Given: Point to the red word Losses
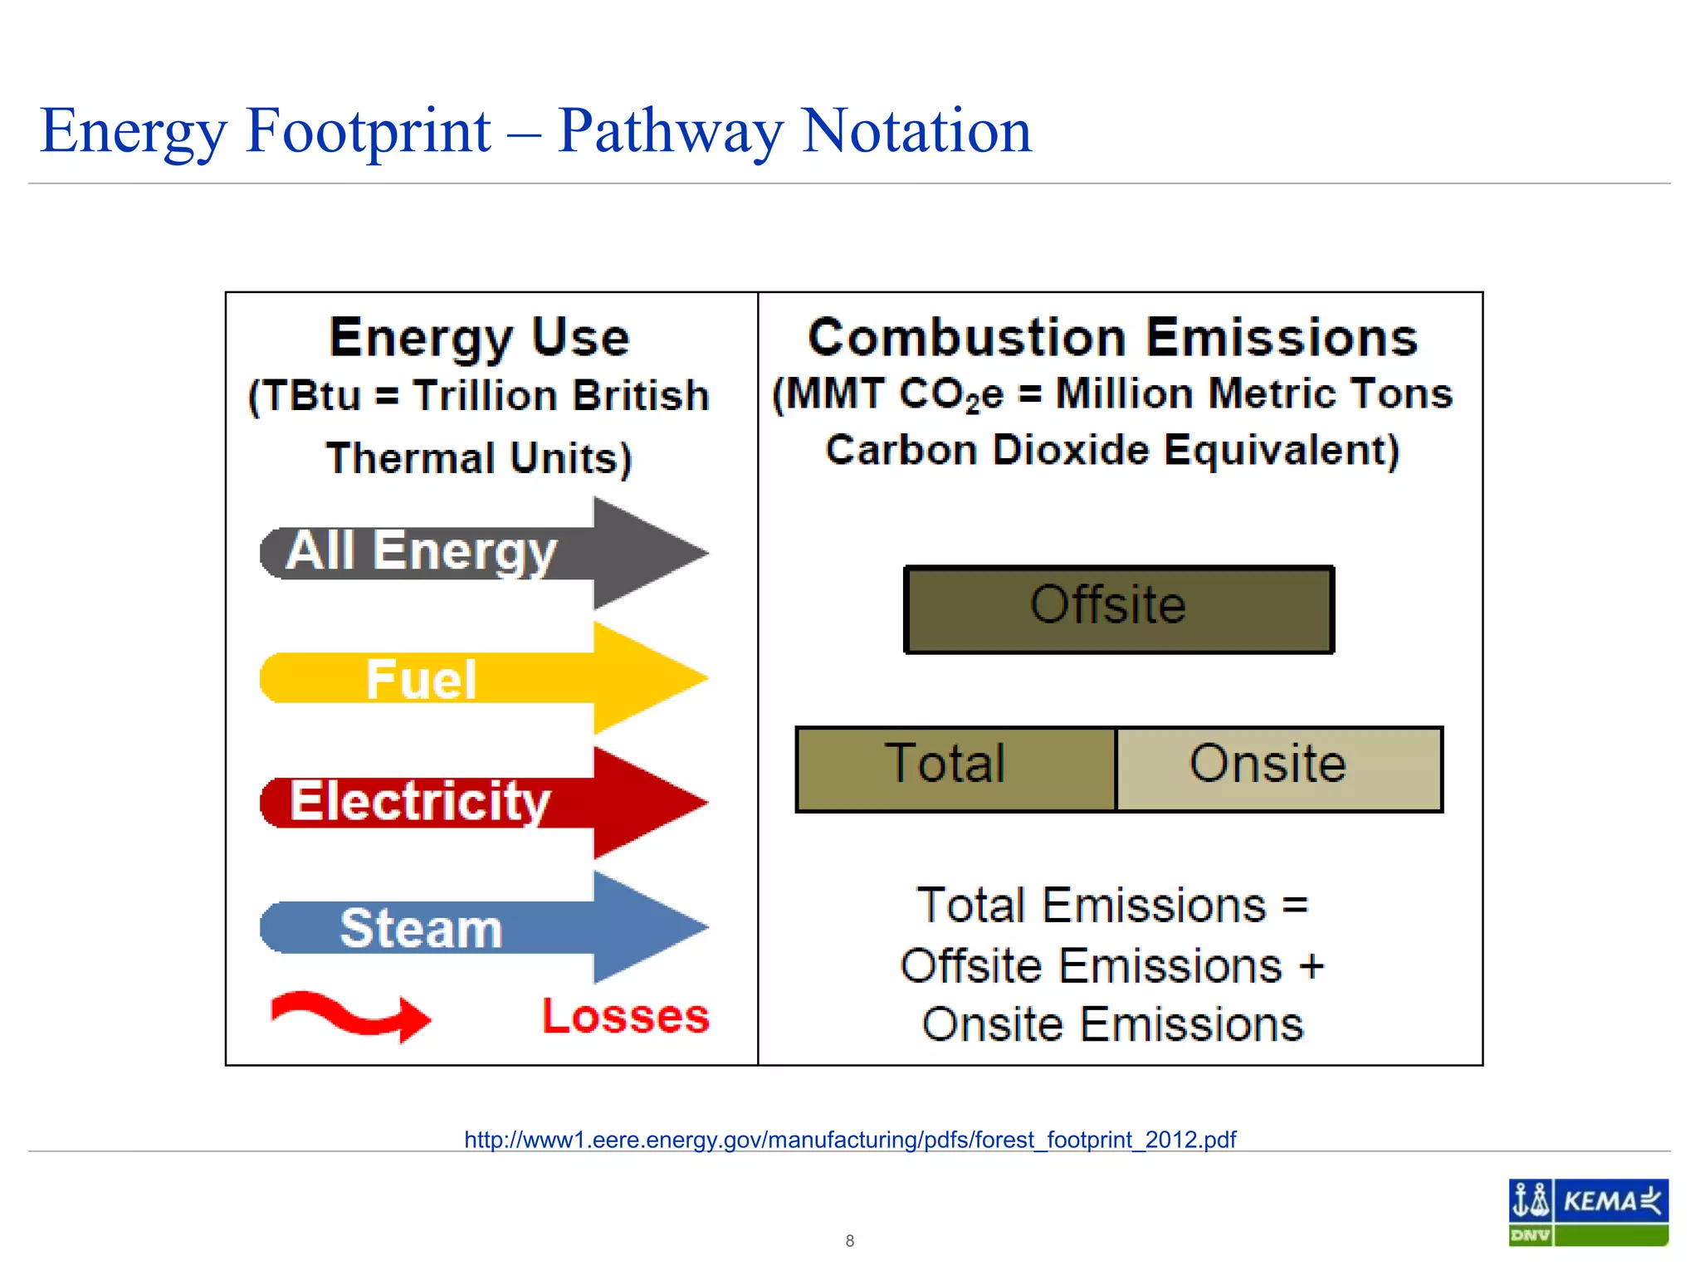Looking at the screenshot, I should (x=626, y=1016).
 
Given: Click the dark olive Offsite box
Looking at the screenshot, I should (x=1118, y=609).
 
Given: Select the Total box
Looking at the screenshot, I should (x=955, y=768).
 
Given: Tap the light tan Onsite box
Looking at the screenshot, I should (x=1278, y=768).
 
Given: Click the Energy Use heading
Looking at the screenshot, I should (x=479, y=338).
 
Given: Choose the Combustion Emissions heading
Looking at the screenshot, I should (x=1112, y=338).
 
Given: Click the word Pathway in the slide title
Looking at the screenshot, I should (x=669, y=131).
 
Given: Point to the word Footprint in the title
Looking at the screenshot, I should (x=368, y=131).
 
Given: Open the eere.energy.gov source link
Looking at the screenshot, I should (x=850, y=1139).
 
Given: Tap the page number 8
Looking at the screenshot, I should (x=849, y=1240).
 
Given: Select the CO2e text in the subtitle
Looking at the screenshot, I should (x=951, y=394).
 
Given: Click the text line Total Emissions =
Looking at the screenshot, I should (x=1112, y=905).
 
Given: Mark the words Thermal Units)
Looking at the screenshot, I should (x=479, y=458).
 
